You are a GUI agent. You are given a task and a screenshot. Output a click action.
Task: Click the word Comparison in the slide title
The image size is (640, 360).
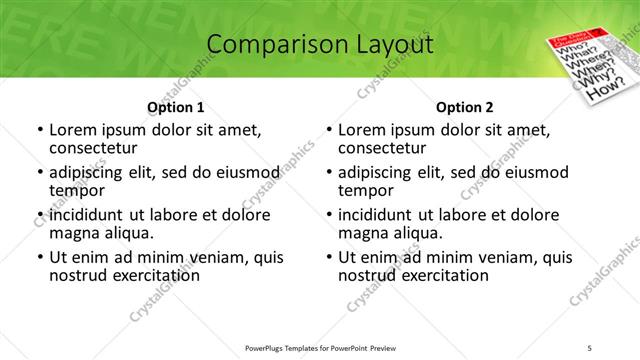point(267,45)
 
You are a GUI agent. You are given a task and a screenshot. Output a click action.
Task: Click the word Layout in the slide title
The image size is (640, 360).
point(392,45)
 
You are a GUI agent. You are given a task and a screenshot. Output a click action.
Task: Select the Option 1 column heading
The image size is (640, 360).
point(176,107)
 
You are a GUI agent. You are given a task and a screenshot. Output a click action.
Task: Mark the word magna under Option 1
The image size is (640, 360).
point(75,233)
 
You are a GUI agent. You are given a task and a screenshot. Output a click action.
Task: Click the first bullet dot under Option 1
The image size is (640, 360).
point(39,130)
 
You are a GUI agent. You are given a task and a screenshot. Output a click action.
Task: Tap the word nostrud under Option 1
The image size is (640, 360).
point(80,275)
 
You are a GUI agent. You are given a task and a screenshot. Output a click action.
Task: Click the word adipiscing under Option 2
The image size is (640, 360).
point(378,172)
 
